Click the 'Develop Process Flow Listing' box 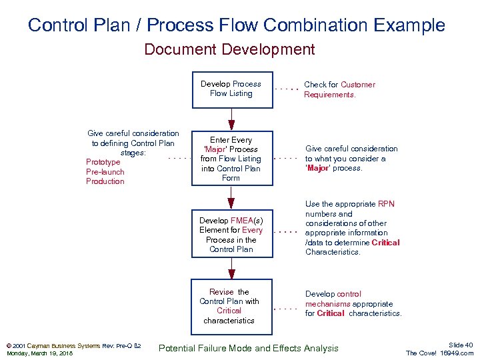tap(231, 89)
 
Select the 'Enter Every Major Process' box tap(231, 159)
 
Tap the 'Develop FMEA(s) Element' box tap(231, 235)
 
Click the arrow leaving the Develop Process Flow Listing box tap(231, 120)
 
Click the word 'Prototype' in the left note tap(103, 162)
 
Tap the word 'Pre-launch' tap(105, 172)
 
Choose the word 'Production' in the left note tap(105, 181)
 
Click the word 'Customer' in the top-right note tap(358, 85)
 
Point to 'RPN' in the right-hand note tap(386, 204)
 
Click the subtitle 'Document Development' tap(229, 49)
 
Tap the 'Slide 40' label tap(461, 345)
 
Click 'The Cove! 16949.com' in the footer tap(440, 353)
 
